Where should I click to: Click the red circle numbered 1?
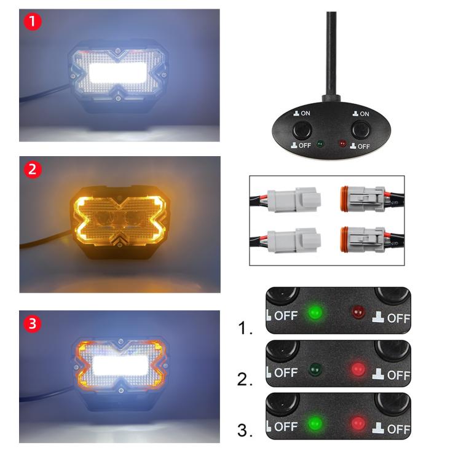32,22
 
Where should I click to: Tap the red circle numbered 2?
32,168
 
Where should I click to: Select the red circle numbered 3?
32,322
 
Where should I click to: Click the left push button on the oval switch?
302,130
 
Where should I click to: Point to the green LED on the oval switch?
320,145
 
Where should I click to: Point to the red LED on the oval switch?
341,145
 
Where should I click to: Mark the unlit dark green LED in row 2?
316,370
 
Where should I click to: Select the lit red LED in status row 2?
357,370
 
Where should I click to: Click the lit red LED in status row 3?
357,424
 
